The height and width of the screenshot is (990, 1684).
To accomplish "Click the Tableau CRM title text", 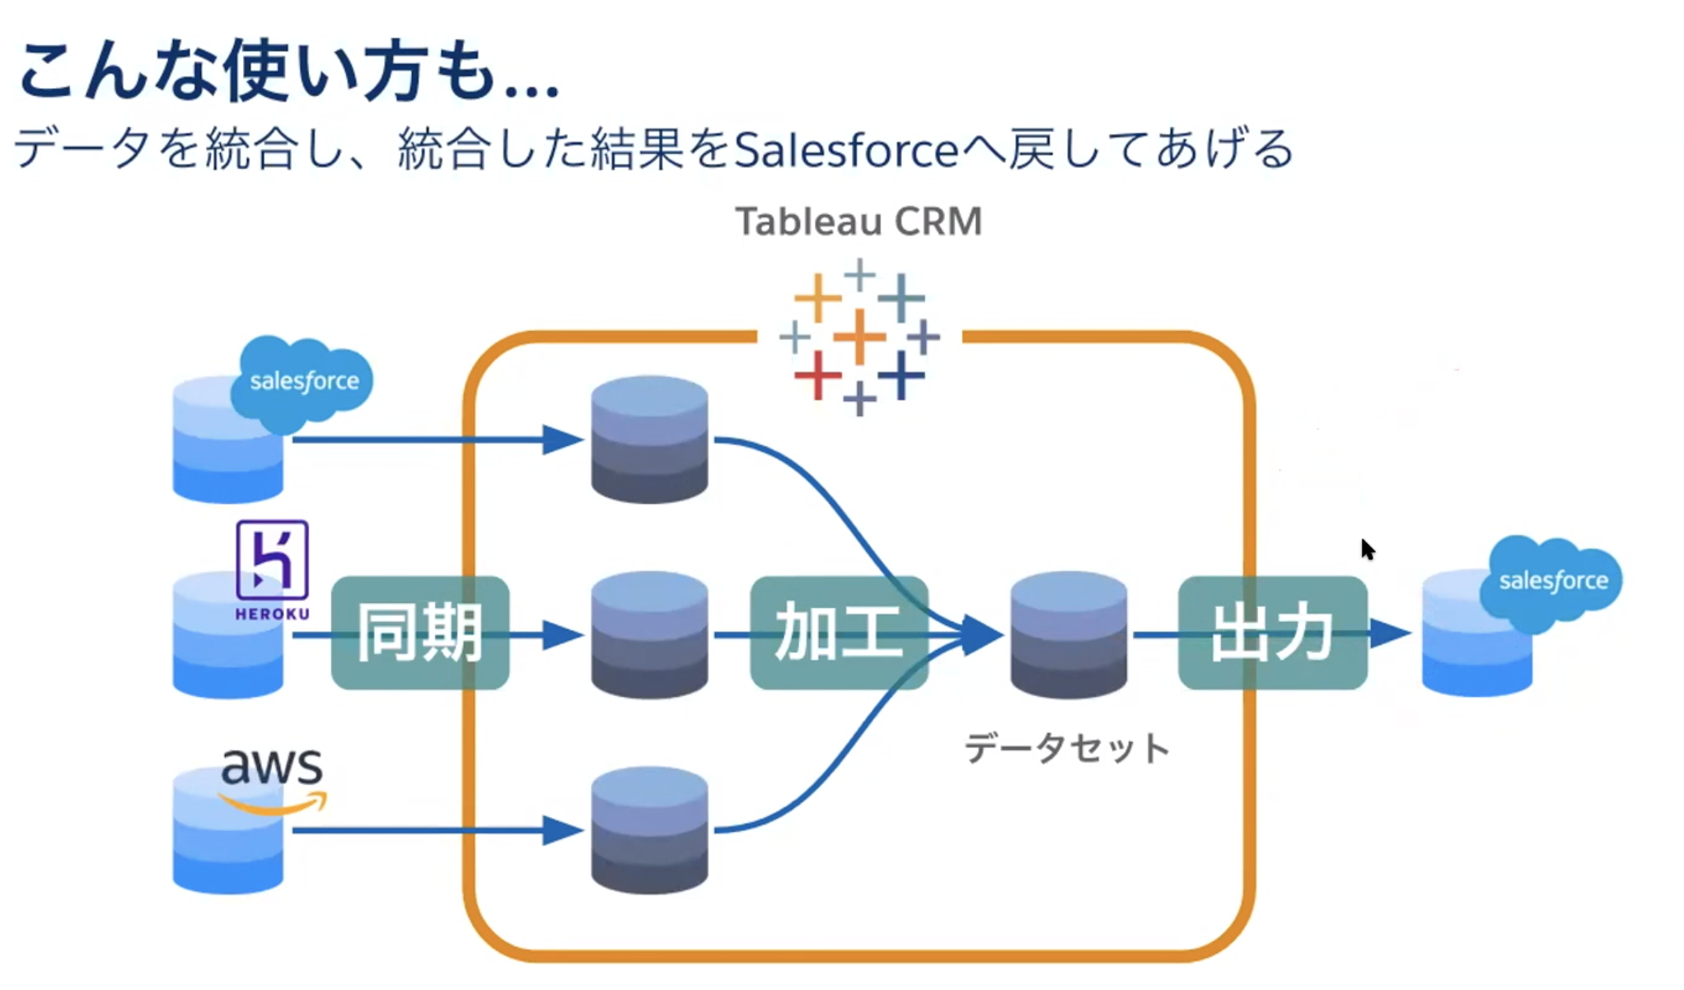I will click(x=858, y=221).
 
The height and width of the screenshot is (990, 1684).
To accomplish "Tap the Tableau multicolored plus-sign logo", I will click(x=859, y=338).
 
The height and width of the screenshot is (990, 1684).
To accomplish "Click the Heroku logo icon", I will click(x=272, y=561).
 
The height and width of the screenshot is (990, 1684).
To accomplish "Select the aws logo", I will click(x=273, y=778).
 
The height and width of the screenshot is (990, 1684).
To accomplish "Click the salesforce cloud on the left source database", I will click(x=302, y=382).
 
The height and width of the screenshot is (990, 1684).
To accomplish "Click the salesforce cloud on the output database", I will click(x=1552, y=581).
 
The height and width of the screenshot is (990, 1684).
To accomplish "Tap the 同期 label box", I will click(x=420, y=633).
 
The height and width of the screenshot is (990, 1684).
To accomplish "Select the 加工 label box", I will click(x=839, y=633).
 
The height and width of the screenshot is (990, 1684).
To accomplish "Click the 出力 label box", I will click(x=1272, y=633).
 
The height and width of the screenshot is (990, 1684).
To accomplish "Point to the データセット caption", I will click(x=1067, y=749).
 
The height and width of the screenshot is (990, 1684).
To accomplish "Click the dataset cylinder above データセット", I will click(x=1069, y=634).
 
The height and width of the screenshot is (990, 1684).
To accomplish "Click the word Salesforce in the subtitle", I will click(x=846, y=150).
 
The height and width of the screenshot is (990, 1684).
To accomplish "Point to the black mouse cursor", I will click(x=1368, y=549).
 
